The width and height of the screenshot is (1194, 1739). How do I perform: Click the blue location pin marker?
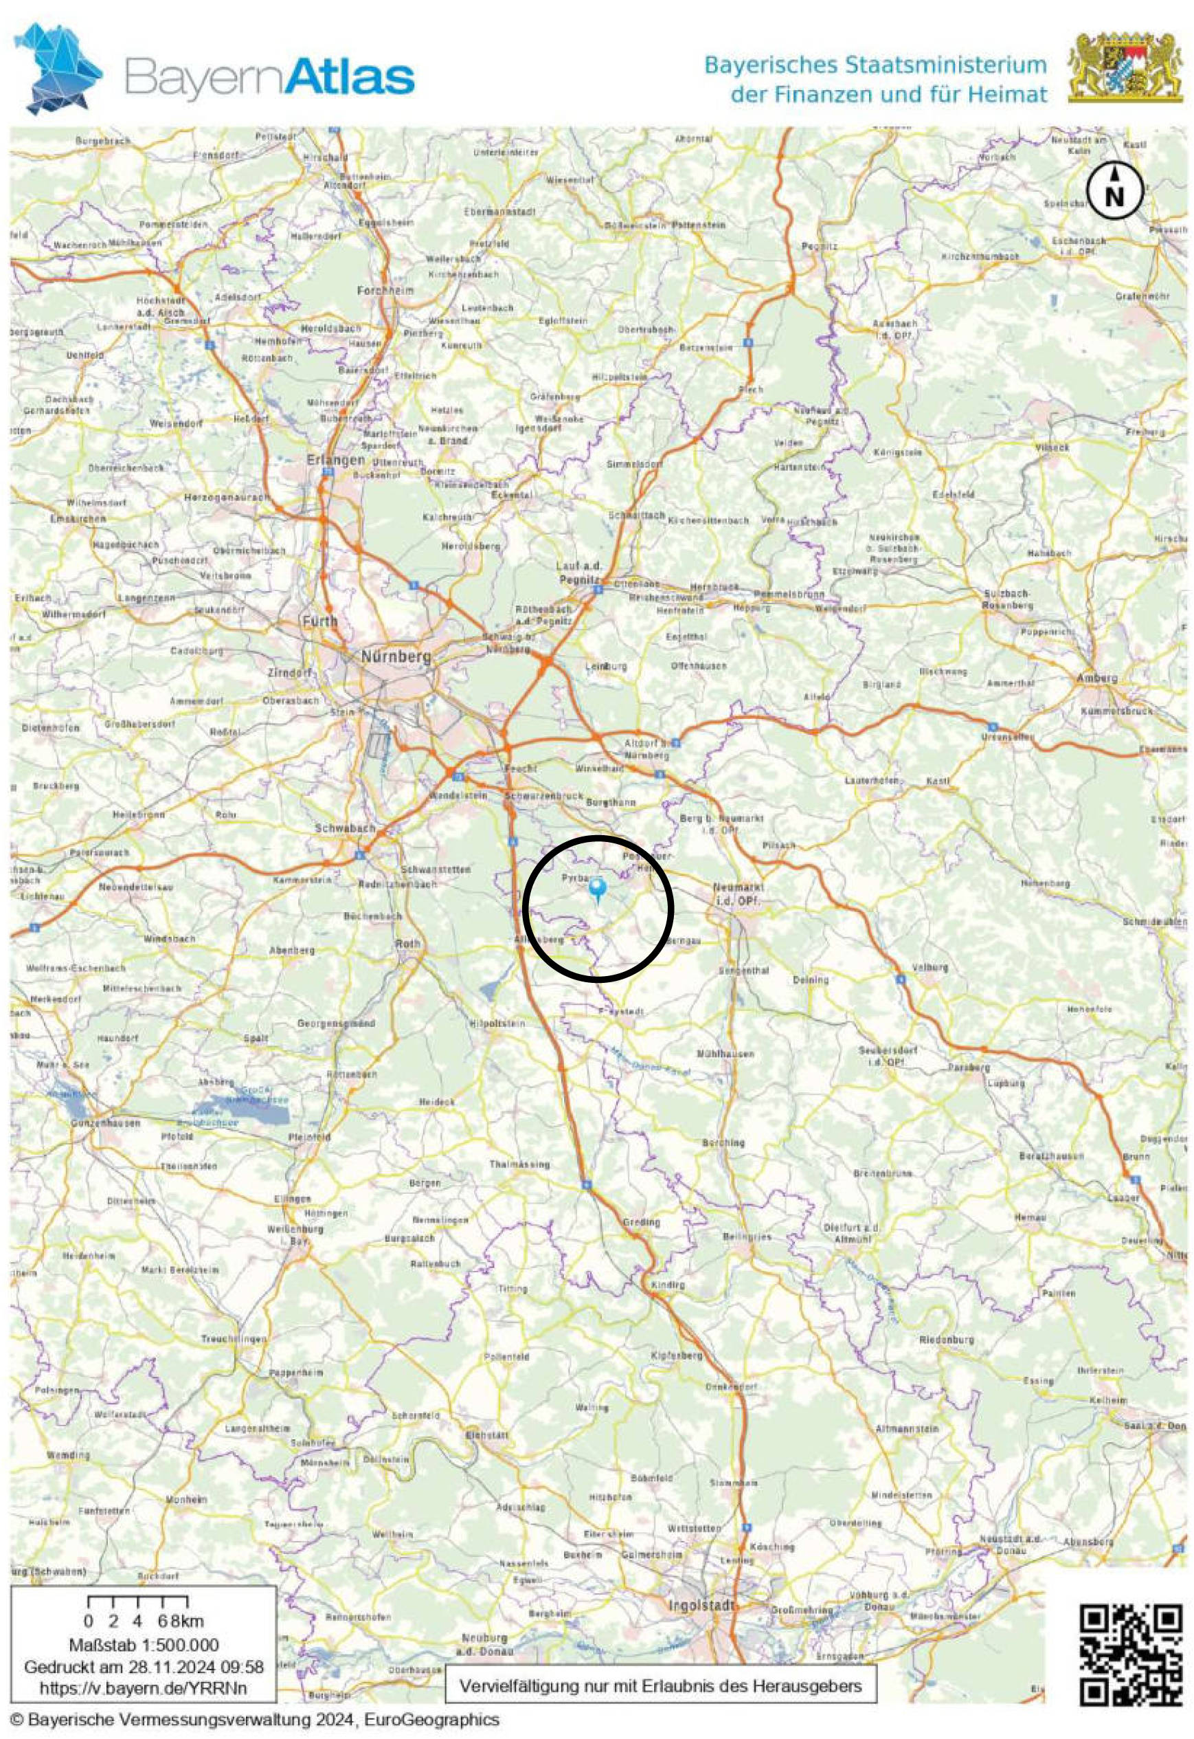598,888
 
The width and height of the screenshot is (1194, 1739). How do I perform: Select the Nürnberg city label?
396,656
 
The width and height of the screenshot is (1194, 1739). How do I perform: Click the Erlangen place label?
336,461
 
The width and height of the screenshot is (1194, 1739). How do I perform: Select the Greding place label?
641,1222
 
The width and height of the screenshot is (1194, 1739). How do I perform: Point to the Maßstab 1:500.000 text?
144,1645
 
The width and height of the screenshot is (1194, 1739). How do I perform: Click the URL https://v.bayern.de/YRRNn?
143,1688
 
